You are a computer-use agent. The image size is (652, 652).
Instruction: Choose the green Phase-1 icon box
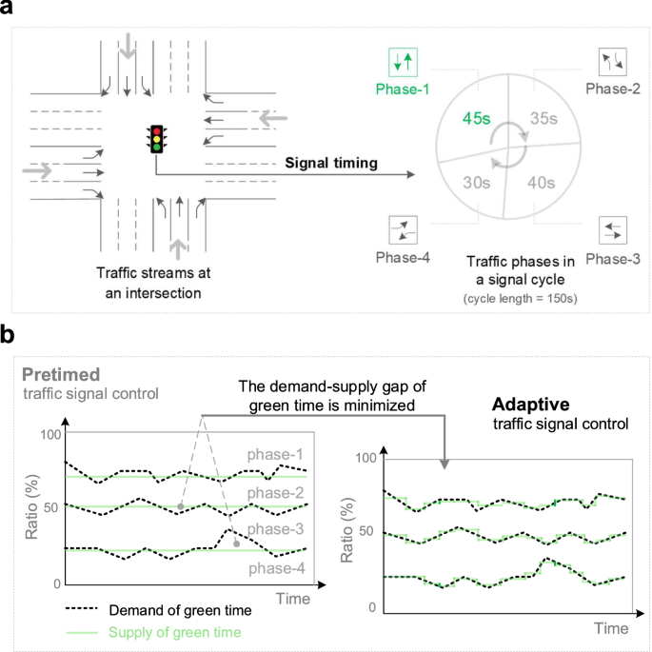[404, 63]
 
